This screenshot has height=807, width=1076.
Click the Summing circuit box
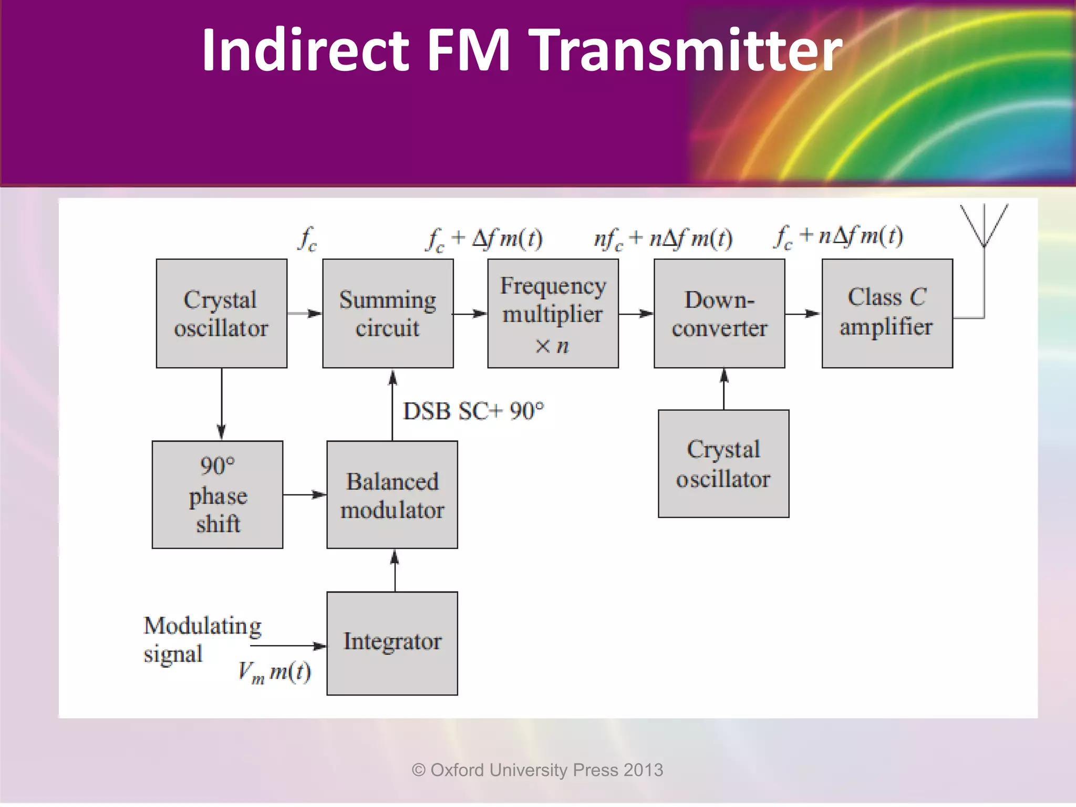[x=388, y=314]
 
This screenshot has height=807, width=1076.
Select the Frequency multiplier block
[x=553, y=314]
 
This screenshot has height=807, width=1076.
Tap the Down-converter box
[x=719, y=314]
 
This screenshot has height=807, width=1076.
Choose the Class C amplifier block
[x=887, y=314]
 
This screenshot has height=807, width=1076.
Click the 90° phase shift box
[x=218, y=494]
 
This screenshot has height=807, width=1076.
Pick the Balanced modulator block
[x=392, y=494]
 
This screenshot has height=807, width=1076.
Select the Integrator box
[x=392, y=643]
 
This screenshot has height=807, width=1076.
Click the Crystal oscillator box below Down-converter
[x=723, y=464]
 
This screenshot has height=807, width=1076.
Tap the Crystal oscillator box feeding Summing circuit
[x=221, y=314]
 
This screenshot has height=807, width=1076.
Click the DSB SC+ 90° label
[x=473, y=411]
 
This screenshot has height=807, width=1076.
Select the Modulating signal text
[x=202, y=639]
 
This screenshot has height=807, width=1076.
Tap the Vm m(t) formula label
[x=274, y=672]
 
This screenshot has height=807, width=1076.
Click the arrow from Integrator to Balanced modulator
[x=395, y=570]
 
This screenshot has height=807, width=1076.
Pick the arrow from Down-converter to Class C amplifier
[x=803, y=314]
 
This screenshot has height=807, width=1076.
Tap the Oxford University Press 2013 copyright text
[x=537, y=770]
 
